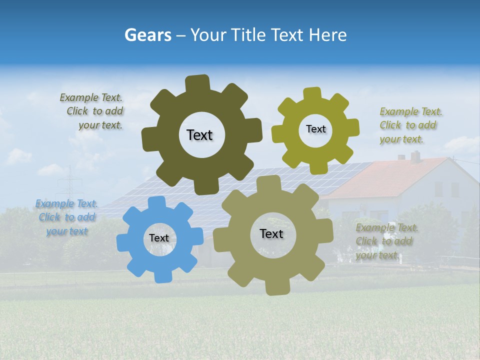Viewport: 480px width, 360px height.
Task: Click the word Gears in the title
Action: pyautogui.click(x=147, y=35)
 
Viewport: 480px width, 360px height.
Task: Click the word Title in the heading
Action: pyautogui.click(x=249, y=35)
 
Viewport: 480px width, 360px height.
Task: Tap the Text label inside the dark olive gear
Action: pyautogui.click(x=199, y=135)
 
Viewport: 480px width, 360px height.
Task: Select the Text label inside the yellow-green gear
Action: pyautogui.click(x=315, y=129)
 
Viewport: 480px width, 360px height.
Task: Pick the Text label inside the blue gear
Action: pyautogui.click(x=158, y=238)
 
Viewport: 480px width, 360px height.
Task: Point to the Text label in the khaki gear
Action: pyautogui.click(x=271, y=234)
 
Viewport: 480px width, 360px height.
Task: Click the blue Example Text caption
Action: pyautogui.click(x=66, y=217)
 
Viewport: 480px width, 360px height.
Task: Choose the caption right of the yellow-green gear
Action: pyautogui.click(x=409, y=125)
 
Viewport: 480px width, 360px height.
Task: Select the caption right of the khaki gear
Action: pyautogui.click(x=385, y=241)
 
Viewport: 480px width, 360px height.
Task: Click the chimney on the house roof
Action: pyautogui.click(x=415, y=156)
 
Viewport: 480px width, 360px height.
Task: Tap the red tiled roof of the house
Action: pyautogui.click(x=385, y=177)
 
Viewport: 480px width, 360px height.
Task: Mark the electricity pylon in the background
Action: pyautogui.click(x=70, y=185)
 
